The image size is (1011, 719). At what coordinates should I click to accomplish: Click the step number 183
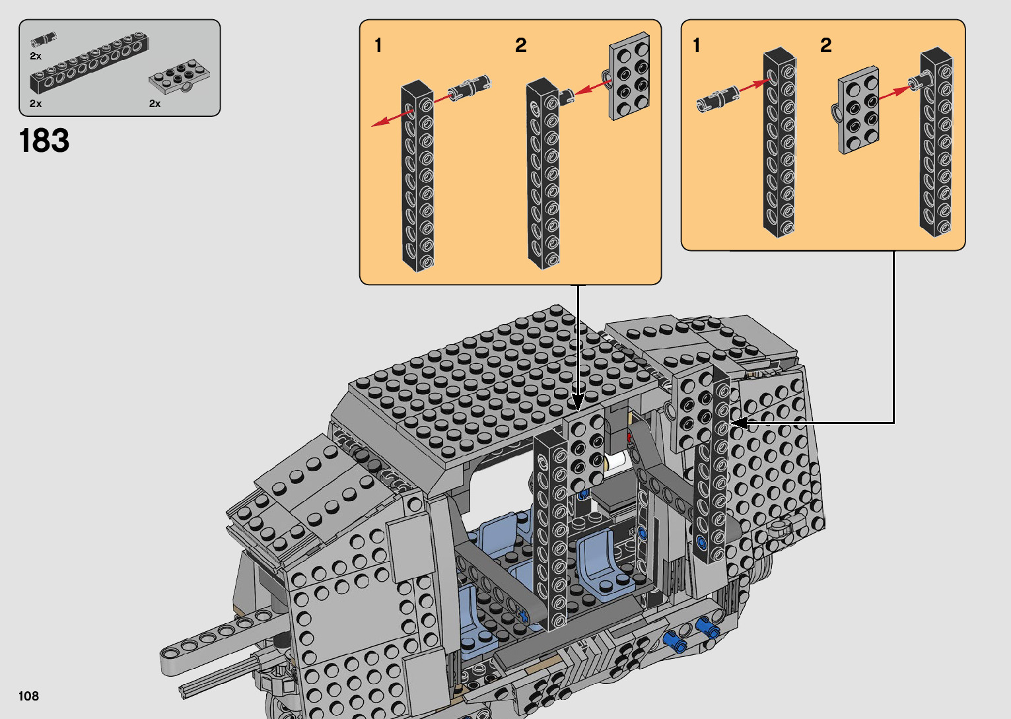[x=44, y=141]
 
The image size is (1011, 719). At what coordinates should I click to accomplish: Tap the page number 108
[x=28, y=695]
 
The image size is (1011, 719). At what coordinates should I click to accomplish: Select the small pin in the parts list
[x=44, y=39]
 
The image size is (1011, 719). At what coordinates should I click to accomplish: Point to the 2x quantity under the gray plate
[x=155, y=104]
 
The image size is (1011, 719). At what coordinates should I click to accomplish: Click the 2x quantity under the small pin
[x=36, y=56]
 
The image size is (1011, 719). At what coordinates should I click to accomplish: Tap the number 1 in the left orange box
[x=378, y=46]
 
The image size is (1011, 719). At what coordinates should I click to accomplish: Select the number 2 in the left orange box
[x=521, y=45]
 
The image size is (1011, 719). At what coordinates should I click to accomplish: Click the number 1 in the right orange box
[x=697, y=45]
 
